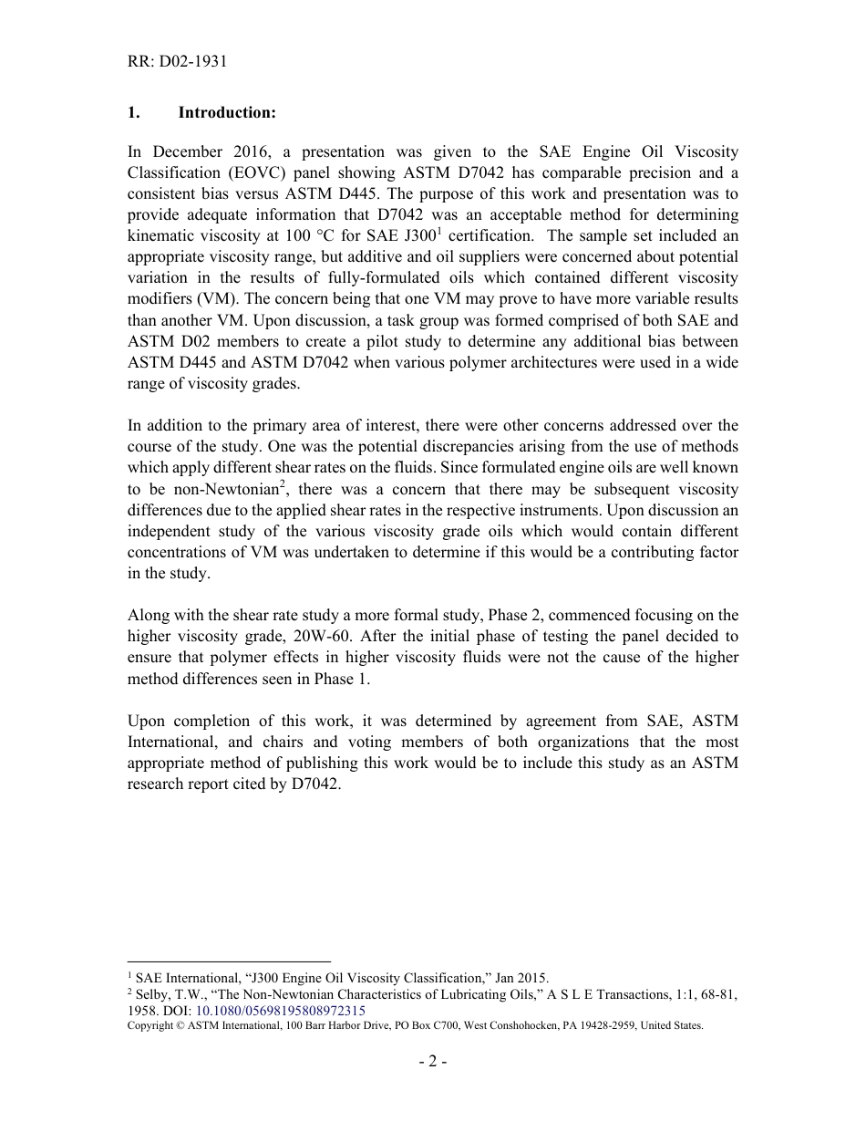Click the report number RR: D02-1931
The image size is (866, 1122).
[177, 62]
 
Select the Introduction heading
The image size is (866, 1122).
[227, 113]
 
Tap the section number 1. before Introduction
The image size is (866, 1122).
[133, 113]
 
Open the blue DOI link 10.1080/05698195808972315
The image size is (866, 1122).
[281, 1011]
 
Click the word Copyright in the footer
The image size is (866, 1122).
[150, 1025]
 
